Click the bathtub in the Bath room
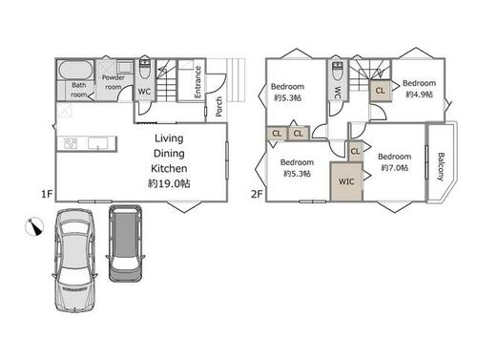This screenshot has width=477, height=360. point(75,70)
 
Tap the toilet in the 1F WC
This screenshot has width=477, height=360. point(145,69)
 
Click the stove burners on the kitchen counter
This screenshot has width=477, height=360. point(71,143)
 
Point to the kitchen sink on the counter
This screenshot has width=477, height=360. point(98,143)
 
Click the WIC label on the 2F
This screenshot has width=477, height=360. point(346,181)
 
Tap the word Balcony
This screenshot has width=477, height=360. point(441,167)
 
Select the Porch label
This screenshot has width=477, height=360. point(218,106)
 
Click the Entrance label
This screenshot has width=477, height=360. point(197,82)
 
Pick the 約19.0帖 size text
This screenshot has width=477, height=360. point(169,183)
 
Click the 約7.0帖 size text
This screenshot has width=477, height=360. point(394,167)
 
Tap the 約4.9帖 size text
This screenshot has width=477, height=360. point(419,95)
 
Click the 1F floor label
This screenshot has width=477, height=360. point(47,194)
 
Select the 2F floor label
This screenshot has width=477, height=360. point(257,194)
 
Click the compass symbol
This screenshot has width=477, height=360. point(34,226)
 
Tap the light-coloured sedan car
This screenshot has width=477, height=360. point(75,260)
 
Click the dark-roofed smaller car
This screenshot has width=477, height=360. point(125,244)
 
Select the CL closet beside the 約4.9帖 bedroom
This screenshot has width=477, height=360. point(381,91)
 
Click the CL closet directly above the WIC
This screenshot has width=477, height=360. point(355,151)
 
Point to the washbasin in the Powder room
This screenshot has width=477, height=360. point(125,67)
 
